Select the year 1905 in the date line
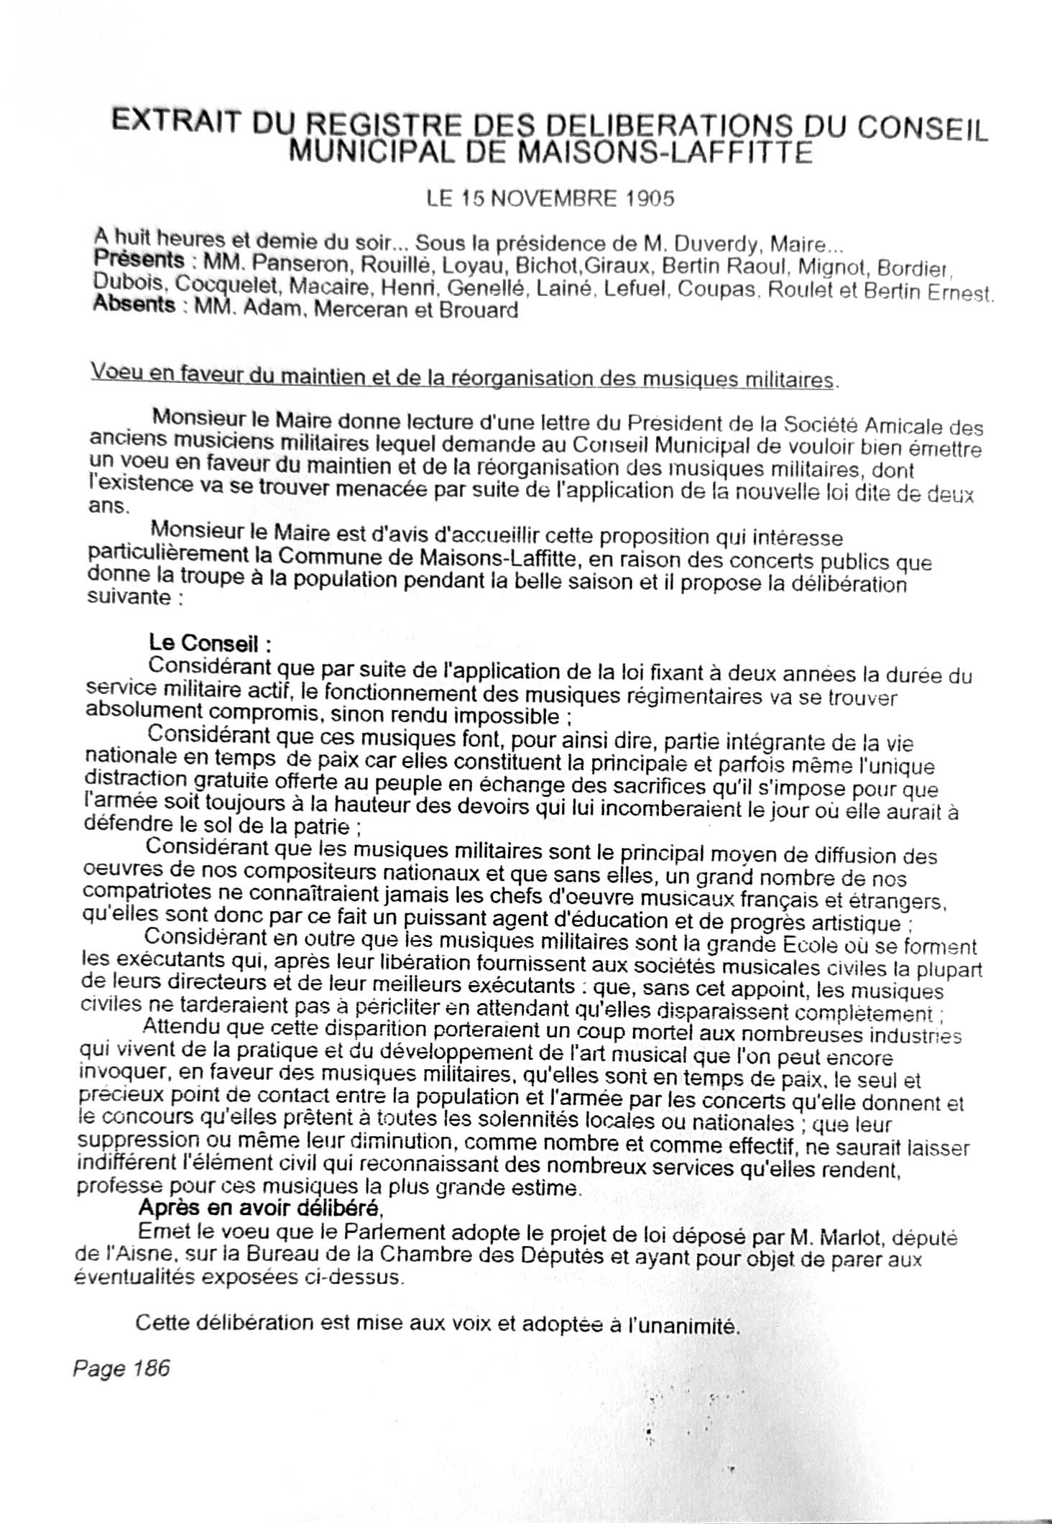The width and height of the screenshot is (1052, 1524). [x=649, y=199]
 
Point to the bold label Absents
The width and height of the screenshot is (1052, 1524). [x=134, y=305]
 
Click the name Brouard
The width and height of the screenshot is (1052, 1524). [x=475, y=311]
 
